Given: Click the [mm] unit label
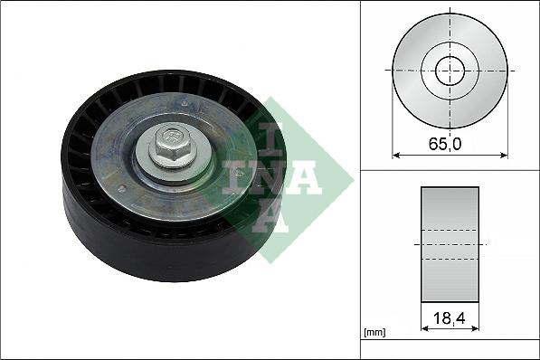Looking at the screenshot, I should point(374,333).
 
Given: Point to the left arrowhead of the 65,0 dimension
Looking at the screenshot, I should point(396,155).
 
